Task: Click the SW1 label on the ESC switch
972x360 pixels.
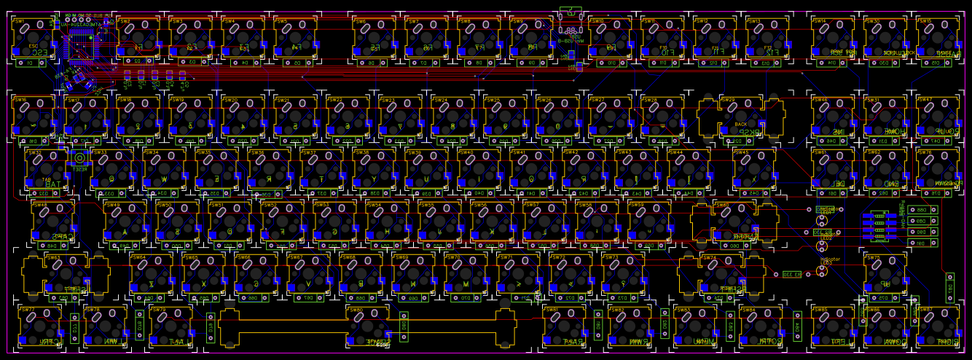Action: (20, 20)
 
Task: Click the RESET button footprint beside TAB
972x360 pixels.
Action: (79, 158)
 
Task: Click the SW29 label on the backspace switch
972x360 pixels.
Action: (727, 99)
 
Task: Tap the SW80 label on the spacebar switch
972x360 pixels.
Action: (356, 310)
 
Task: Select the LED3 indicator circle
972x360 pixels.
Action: (822, 270)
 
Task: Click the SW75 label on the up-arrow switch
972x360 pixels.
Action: (871, 257)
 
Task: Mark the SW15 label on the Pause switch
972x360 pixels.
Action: (924, 21)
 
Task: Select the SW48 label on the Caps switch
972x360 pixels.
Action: (39, 205)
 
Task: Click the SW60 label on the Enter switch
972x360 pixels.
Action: (722, 205)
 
